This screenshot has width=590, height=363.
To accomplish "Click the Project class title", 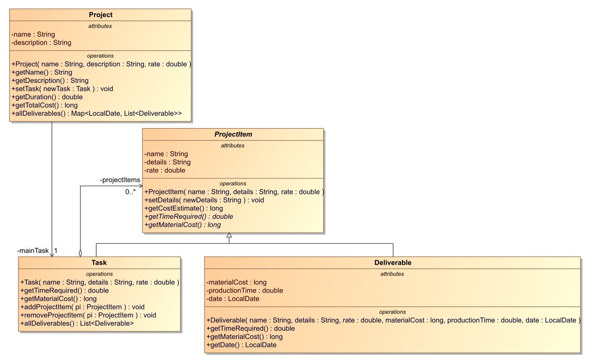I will [x=100, y=15].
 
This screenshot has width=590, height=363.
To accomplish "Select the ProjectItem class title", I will [x=233, y=135].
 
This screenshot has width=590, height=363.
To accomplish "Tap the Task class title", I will [x=99, y=263].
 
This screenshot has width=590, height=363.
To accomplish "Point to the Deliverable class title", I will [x=392, y=263].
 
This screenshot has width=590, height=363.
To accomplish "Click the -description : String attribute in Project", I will [x=41, y=42].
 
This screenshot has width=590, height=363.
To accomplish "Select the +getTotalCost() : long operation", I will [x=45, y=105].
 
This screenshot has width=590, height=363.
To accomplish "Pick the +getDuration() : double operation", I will [x=47, y=97].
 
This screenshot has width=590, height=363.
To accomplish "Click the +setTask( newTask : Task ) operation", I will [x=62, y=88].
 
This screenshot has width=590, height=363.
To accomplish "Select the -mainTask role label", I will [x=33, y=251].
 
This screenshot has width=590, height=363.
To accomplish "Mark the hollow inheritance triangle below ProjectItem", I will [x=229, y=236].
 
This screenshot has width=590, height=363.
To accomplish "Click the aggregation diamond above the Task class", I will [x=81, y=252].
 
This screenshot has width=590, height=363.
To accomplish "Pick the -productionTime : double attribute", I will [x=245, y=290].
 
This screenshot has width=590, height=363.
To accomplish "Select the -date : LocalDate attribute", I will [x=233, y=299].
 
